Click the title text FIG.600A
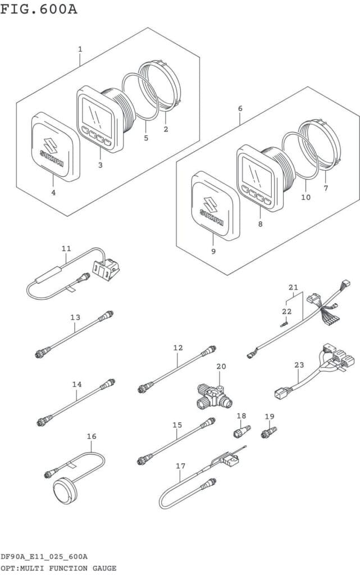(x=39, y=9)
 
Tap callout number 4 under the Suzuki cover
(x=53, y=193)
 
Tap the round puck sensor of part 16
(x=65, y=487)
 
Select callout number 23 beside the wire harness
(x=299, y=366)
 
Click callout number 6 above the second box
(x=240, y=107)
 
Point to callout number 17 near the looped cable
(x=180, y=466)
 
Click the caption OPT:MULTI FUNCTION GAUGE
(x=58, y=568)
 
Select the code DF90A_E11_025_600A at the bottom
(x=44, y=556)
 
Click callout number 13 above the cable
(x=75, y=318)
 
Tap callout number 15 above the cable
(x=177, y=425)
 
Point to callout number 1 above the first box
(x=80, y=49)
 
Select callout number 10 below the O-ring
(x=306, y=197)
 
